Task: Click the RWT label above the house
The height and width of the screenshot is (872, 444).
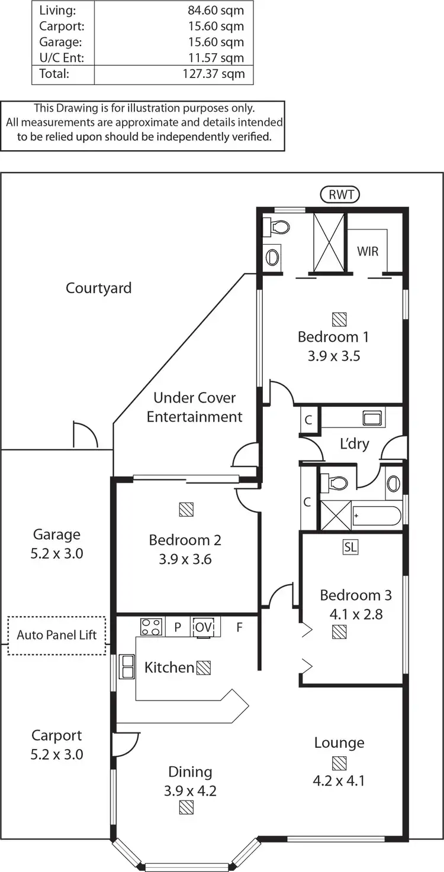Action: (x=340, y=194)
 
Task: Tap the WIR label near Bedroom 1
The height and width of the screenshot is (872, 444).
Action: (x=367, y=251)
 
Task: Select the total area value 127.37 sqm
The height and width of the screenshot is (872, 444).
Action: (x=214, y=74)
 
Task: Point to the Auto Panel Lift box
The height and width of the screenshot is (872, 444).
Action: (x=57, y=636)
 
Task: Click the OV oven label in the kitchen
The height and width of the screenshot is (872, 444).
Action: (x=204, y=627)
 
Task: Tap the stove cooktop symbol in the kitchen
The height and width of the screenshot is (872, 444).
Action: (x=151, y=627)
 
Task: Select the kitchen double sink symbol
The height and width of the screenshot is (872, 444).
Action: (x=127, y=666)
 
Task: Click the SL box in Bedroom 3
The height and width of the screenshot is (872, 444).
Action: (x=350, y=547)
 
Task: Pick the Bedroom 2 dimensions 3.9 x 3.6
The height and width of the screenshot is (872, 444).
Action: (x=185, y=559)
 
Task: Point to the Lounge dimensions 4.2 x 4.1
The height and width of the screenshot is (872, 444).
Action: (x=339, y=780)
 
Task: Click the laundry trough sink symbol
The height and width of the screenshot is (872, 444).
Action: (x=374, y=419)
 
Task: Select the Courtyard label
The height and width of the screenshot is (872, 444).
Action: (x=99, y=288)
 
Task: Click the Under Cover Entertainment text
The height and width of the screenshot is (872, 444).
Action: (x=195, y=407)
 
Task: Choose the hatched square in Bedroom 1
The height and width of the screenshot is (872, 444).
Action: (x=339, y=319)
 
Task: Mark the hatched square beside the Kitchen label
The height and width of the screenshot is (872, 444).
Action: (x=204, y=667)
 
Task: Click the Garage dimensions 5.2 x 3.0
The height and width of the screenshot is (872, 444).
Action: (x=57, y=553)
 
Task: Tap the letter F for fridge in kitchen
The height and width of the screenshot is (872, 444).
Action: (x=239, y=627)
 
